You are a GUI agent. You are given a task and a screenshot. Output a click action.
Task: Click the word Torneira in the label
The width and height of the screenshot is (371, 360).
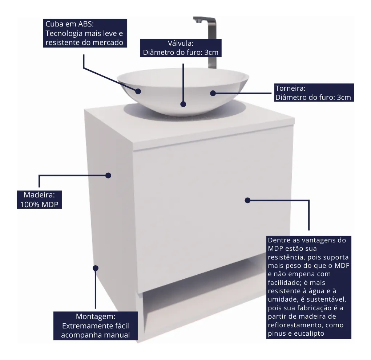click(290, 88)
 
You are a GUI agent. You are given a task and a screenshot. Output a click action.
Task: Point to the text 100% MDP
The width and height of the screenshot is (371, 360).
click(39, 204)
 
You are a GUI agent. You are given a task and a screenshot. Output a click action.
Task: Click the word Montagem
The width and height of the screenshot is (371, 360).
click(95, 316)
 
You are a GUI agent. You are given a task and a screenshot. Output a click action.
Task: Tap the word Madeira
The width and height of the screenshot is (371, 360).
click(39, 195)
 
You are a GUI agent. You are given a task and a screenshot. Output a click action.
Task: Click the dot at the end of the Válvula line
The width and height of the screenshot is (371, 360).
click(183, 104)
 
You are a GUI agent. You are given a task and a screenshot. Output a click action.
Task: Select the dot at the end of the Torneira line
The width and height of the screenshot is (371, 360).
click(213, 93)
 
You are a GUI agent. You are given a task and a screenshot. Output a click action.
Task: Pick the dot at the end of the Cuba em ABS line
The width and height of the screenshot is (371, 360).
click(138, 91)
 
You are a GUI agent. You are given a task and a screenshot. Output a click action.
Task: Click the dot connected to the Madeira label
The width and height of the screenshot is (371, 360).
click(108, 175)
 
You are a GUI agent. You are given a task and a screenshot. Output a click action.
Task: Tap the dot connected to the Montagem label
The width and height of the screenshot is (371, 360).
click(96, 268)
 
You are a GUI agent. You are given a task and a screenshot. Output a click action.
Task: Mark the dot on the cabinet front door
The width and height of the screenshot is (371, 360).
click(247, 200)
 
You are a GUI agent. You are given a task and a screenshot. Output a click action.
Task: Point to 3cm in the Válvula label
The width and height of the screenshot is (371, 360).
click(211, 53)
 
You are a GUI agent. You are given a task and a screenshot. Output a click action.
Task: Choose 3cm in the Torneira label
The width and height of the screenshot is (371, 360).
click(344, 97)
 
